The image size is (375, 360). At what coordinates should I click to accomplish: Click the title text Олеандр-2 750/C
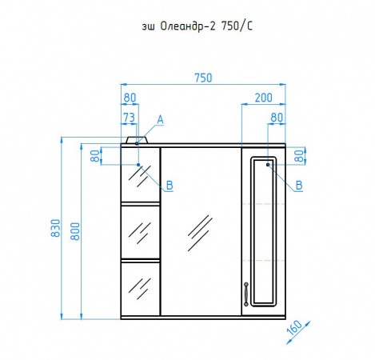(206, 26)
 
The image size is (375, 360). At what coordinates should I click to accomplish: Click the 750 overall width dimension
(203, 78)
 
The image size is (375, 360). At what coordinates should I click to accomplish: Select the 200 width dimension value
(263, 98)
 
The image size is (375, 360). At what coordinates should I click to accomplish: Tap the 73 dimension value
(129, 118)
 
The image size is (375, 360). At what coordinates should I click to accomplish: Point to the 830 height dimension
(55, 228)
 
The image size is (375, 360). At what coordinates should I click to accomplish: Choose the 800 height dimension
(75, 231)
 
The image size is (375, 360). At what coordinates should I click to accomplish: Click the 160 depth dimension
(294, 327)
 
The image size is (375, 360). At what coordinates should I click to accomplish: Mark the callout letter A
(160, 120)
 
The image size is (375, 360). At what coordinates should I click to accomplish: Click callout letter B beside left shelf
(170, 185)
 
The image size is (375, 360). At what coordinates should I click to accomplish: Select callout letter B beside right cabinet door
(299, 185)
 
